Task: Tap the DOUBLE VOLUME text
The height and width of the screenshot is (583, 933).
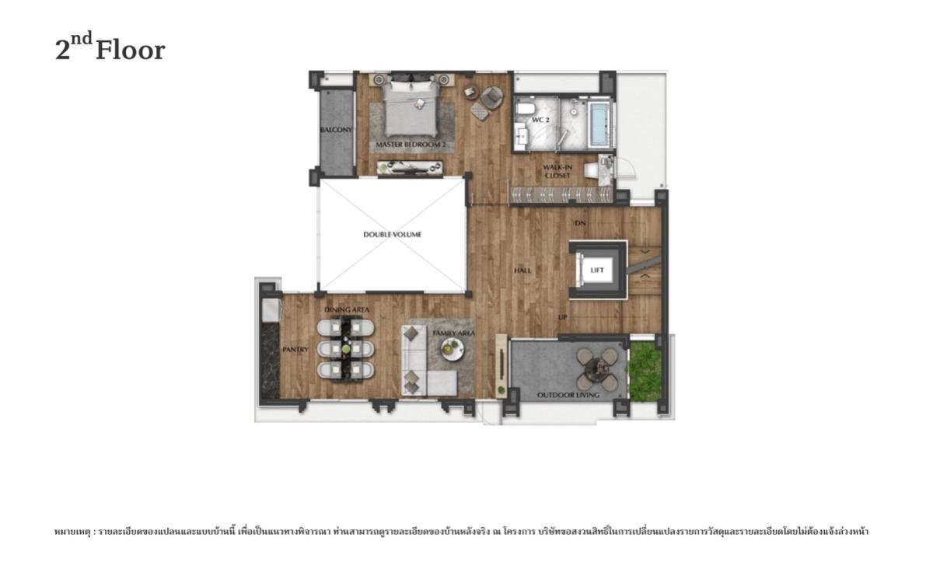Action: click(393, 234)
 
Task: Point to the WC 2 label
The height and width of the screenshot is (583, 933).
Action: click(541, 120)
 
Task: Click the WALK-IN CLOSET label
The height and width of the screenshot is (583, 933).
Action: click(557, 171)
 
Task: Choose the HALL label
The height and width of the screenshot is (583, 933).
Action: click(522, 271)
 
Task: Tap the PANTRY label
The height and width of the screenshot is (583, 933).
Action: click(295, 350)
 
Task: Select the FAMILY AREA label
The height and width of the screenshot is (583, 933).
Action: click(454, 333)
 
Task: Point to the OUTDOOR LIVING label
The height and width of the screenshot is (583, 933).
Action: click(568, 396)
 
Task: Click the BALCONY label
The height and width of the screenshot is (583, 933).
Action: click(337, 130)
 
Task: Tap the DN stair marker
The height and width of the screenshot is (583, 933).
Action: click(579, 224)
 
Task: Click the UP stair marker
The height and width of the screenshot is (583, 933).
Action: click(562, 318)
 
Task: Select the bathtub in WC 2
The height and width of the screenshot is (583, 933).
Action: click(599, 124)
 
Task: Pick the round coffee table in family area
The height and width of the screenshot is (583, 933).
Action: click(451, 351)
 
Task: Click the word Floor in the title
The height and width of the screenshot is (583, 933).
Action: click(130, 51)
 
